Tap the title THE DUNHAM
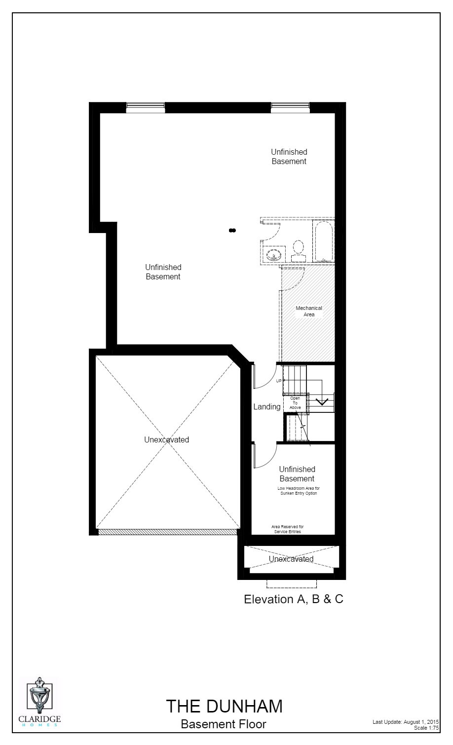pyautogui.click(x=224, y=706)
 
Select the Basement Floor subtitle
pyautogui.click(x=224, y=724)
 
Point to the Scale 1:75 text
pyautogui.click(x=426, y=728)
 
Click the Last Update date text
pyautogui.click(x=406, y=722)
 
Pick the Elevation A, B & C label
pyautogui.click(x=294, y=599)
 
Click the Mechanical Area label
pyautogui.click(x=309, y=311)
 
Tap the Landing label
pyautogui.click(x=266, y=407)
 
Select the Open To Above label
pyautogui.click(x=295, y=403)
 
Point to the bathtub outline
pyautogui.click(x=324, y=241)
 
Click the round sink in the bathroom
pyautogui.click(x=273, y=255)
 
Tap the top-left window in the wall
pyautogui.click(x=146, y=107)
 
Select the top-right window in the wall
pyautogui.click(x=290, y=107)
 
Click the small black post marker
pyautogui.click(x=232, y=230)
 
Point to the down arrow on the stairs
pyautogui.click(x=322, y=401)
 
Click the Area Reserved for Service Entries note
pyautogui.click(x=288, y=529)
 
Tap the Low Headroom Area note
pyautogui.click(x=298, y=491)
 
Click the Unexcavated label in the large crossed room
pyautogui.click(x=166, y=440)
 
